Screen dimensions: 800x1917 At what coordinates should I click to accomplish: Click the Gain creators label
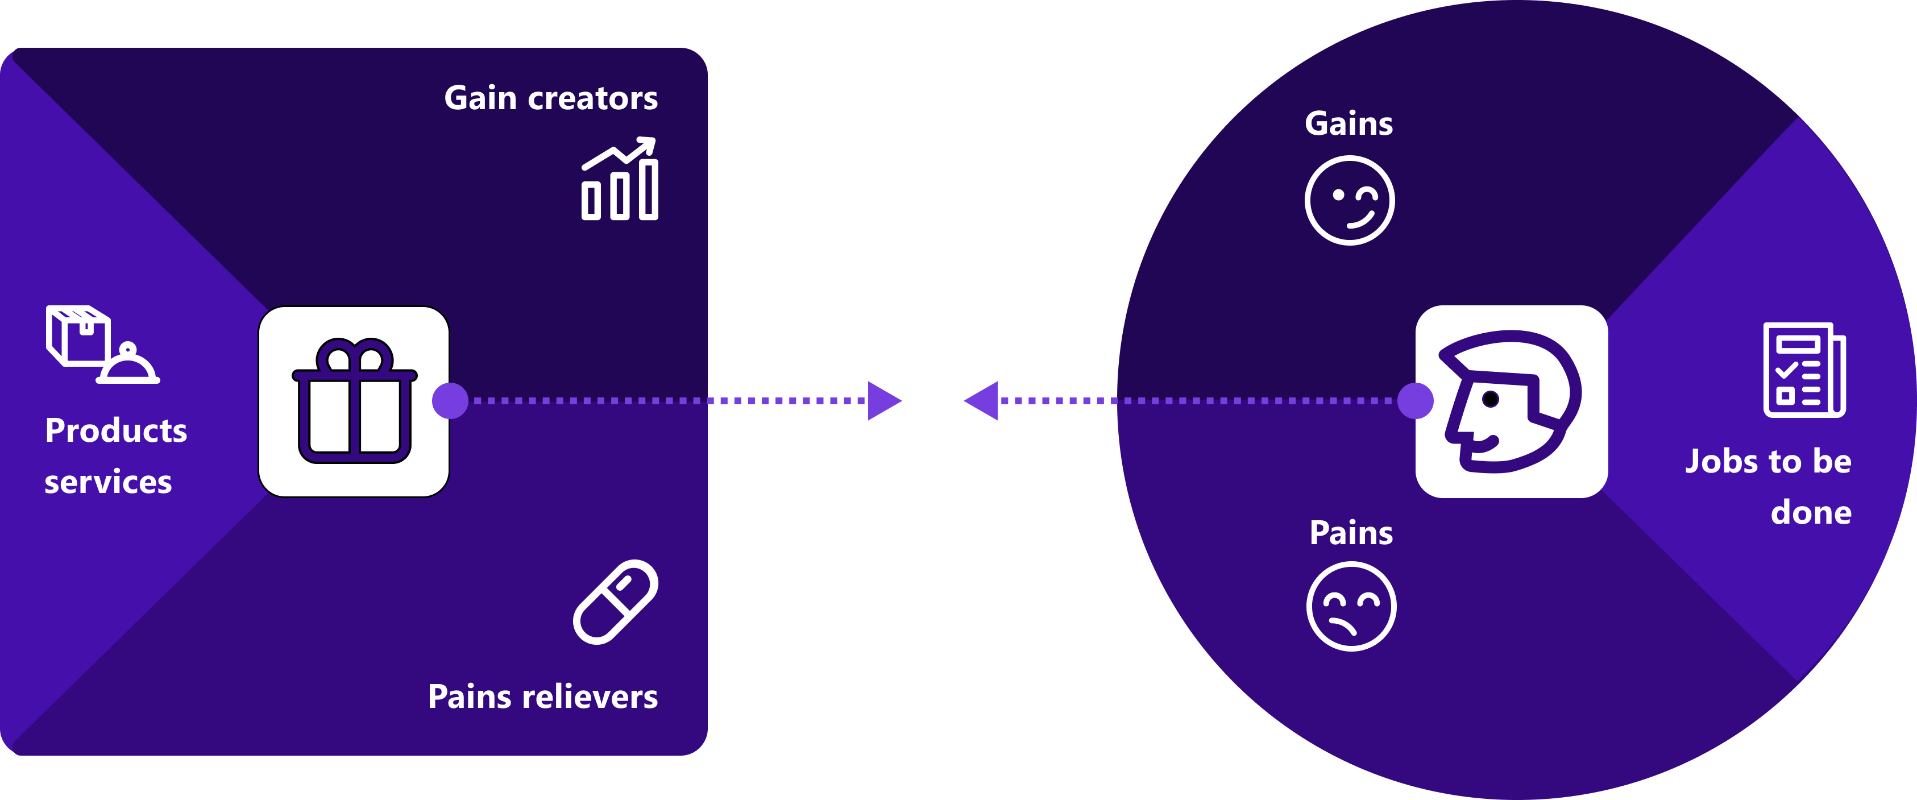tap(551, 98)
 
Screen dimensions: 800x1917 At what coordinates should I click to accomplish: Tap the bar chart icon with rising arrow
tap(619, 180)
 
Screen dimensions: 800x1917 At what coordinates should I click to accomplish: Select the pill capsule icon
tap(616, 602)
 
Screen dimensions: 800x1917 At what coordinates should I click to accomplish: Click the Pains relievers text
tap(542, 697)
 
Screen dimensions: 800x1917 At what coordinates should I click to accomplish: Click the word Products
tap(116, 431)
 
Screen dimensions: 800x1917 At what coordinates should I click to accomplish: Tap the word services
tap(108, 482)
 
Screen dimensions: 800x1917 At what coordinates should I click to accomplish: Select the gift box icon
tap(354, 402)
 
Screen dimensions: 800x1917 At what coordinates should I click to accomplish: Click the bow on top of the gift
tap(354, 356)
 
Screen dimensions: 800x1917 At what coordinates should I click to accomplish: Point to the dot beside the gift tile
tap(450, 401)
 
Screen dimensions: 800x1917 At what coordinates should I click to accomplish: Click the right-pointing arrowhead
tap(883, 401)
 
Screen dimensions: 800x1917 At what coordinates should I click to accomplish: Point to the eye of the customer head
tap(1491, 399)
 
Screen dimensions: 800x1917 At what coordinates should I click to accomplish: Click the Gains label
tap(1348, 123)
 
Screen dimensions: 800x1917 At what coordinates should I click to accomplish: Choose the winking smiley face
tap(1349, 200)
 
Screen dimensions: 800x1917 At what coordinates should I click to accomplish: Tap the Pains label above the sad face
tap(1351, 533)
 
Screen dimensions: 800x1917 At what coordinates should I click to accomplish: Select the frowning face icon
tap(1351, 607)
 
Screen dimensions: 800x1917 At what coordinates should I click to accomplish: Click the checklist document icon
tap(1804, 370)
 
